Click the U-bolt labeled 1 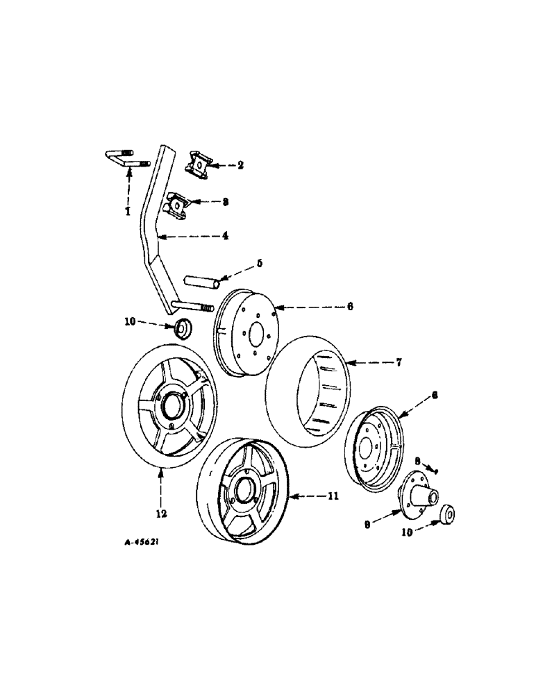[124, 158]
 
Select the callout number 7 [401, 362]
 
